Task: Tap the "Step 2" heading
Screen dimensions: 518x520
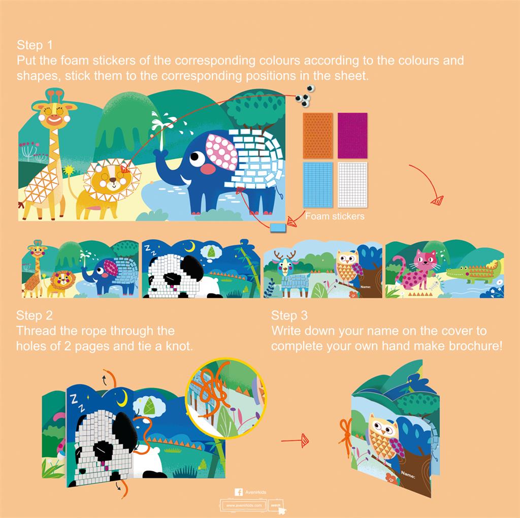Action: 34,315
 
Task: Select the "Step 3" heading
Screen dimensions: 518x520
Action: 289,315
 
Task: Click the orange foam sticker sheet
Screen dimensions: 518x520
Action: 318,135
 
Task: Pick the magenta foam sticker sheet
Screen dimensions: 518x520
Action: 352,135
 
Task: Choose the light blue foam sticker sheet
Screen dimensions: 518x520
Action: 318,185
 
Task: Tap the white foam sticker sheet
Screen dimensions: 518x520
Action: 352,185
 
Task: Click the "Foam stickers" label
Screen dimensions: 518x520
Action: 335,216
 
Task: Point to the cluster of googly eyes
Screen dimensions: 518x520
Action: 305,95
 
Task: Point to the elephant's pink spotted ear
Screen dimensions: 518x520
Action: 221,154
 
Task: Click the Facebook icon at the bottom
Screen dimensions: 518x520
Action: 238,492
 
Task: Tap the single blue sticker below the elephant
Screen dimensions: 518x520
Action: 279,228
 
